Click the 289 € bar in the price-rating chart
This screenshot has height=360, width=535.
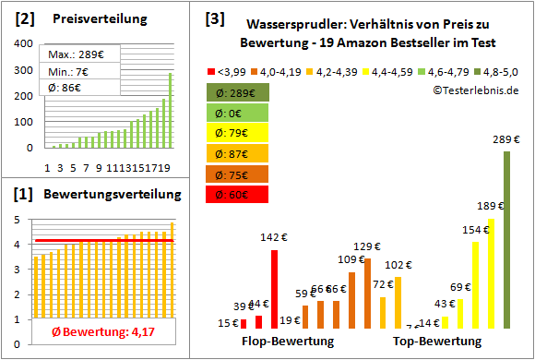click(x=506, y=239)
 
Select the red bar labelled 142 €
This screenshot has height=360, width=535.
click(x=274, y=289)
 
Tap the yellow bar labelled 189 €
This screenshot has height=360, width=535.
click(x=492, y=273)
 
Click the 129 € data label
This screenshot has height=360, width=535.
click(x=367, y=246)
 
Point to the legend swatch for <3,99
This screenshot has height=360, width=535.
click(x=213, y=70)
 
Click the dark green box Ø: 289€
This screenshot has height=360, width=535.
click(x=238, y=93)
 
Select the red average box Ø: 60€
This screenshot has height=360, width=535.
click(x=238, y=195)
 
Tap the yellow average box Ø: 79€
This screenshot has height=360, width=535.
click(x=238, y=134)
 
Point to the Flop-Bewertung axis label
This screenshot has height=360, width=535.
click(x=288, y=342)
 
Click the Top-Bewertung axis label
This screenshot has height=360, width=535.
click(x=437, y=342)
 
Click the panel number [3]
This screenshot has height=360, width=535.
click(x=214, y=18)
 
